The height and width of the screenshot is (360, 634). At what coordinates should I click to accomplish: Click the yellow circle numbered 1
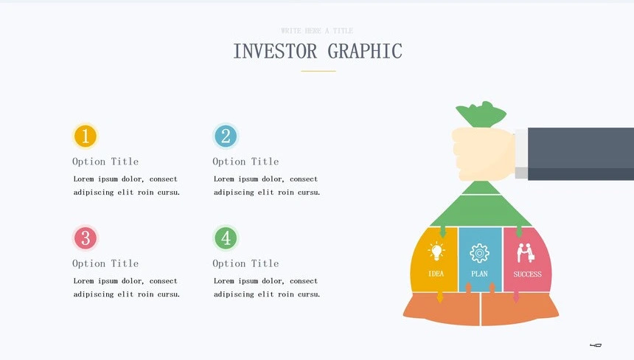point(86,136)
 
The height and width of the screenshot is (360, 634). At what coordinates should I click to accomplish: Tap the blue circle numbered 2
point(226,136)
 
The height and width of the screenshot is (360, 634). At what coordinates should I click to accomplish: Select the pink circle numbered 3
point(86,238)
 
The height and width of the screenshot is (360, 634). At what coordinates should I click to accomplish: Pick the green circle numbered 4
point(226,238)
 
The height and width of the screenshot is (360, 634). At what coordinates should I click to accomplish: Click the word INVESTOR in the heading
point(275,52)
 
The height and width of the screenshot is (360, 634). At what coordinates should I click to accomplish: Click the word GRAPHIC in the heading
point(365,52)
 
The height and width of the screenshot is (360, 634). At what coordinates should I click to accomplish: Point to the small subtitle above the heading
point(317,31)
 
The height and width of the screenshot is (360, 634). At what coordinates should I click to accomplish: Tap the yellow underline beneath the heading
point(318,72)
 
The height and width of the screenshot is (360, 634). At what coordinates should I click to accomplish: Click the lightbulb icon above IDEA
point(436,252)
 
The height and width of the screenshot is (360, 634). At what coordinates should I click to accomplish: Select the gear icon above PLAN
point(479,253)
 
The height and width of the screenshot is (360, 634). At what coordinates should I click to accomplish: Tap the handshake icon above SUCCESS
point(526,253)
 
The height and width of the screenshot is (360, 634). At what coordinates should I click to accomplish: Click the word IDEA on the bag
point(436,274)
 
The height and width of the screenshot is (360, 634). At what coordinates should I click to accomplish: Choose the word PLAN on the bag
point(479,274)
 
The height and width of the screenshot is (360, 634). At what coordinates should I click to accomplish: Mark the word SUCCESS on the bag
point(527,274)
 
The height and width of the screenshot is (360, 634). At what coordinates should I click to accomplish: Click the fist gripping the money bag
point(484,153)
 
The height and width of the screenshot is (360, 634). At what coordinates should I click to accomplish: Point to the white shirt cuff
point(521,153)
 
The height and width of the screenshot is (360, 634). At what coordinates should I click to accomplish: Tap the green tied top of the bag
point(481,114)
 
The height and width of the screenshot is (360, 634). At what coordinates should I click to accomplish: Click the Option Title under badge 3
point(105,263)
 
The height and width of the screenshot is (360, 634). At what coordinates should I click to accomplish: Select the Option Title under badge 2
point(245,162)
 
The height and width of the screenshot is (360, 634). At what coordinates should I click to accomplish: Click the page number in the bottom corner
point(596,345)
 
